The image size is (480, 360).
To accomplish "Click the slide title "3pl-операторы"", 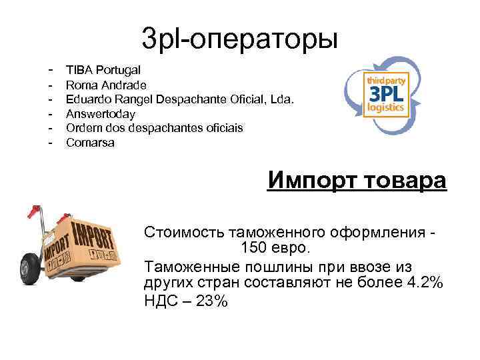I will (240, 37).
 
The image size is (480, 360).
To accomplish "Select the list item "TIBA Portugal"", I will (102, 70).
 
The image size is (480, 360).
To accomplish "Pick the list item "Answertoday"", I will (101, 114).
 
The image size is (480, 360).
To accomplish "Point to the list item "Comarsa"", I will (90, 143).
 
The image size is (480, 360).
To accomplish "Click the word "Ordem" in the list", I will (83, 128).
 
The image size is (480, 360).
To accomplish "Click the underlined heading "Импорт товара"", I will (357, 181).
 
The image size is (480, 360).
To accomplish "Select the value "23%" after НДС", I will (212, 301).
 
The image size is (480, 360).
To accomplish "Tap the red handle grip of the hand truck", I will (29, 212).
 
